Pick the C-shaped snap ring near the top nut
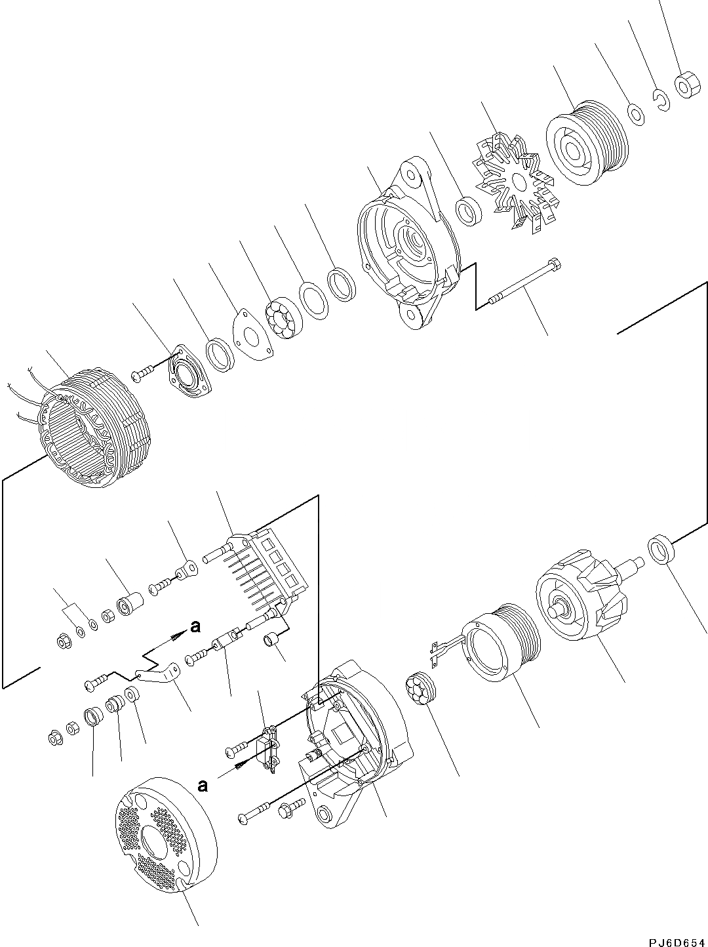pos(660,99)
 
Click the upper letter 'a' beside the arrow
pos(195,627)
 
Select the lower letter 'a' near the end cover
pos(203,785)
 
